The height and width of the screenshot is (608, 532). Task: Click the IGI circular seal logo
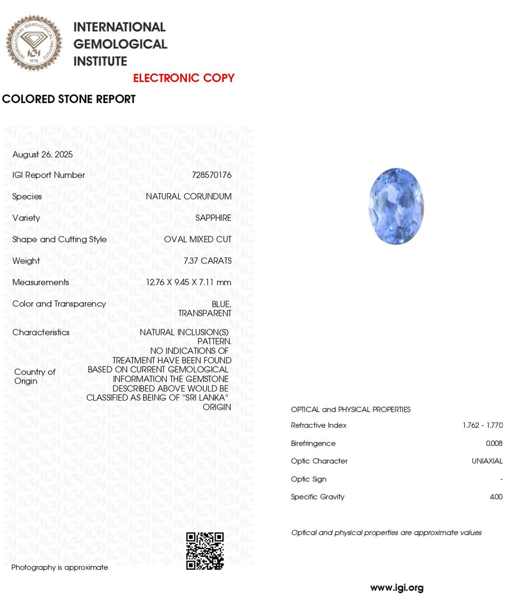(34, 43)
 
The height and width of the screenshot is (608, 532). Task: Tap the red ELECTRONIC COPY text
(184, 78)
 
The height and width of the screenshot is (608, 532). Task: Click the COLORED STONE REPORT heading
(69, 99)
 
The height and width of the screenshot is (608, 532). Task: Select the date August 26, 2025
(43, 155)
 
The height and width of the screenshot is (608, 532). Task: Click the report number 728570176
(212, 175)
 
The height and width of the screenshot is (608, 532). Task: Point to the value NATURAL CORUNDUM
(189, 197)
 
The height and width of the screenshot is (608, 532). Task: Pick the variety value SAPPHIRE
(213, 218)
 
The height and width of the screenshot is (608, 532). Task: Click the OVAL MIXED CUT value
(198, 239)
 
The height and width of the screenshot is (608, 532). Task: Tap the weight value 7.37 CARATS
(207, 261)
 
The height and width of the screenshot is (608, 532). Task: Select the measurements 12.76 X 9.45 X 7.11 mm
(189, 282)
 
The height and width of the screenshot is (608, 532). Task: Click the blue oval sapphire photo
(396, 206)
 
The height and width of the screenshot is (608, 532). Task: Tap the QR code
(205, 551)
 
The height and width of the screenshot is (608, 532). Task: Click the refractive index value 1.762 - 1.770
(483, 426)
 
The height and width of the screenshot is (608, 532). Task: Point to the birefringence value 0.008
(494, 444)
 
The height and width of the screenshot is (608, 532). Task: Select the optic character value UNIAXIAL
(487, 461)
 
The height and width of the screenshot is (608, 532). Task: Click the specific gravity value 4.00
(496, 497)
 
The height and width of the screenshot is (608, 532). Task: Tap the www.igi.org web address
(397, 588)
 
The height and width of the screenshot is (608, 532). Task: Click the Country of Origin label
(35, 377)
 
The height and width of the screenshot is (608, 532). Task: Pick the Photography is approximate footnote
(60, 568)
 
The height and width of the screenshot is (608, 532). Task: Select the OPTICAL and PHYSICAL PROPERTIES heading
(351, 410)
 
